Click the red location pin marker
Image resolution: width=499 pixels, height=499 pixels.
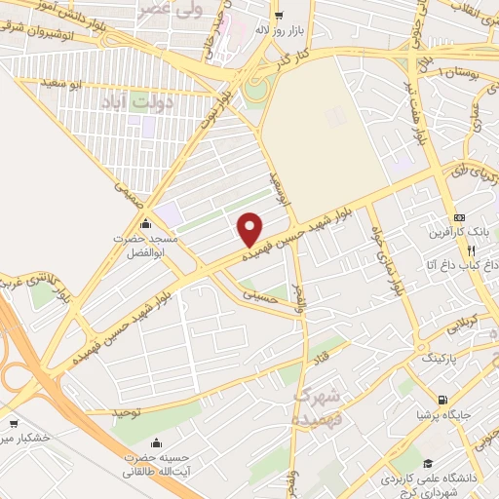click(250, 229)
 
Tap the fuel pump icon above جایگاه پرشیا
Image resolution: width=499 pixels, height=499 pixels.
click(444, 400)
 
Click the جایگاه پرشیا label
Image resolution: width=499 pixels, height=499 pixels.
click(444, 415)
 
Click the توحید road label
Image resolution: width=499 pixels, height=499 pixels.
click(129, 413)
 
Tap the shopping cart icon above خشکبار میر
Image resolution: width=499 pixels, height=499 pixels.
click(14, 424)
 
